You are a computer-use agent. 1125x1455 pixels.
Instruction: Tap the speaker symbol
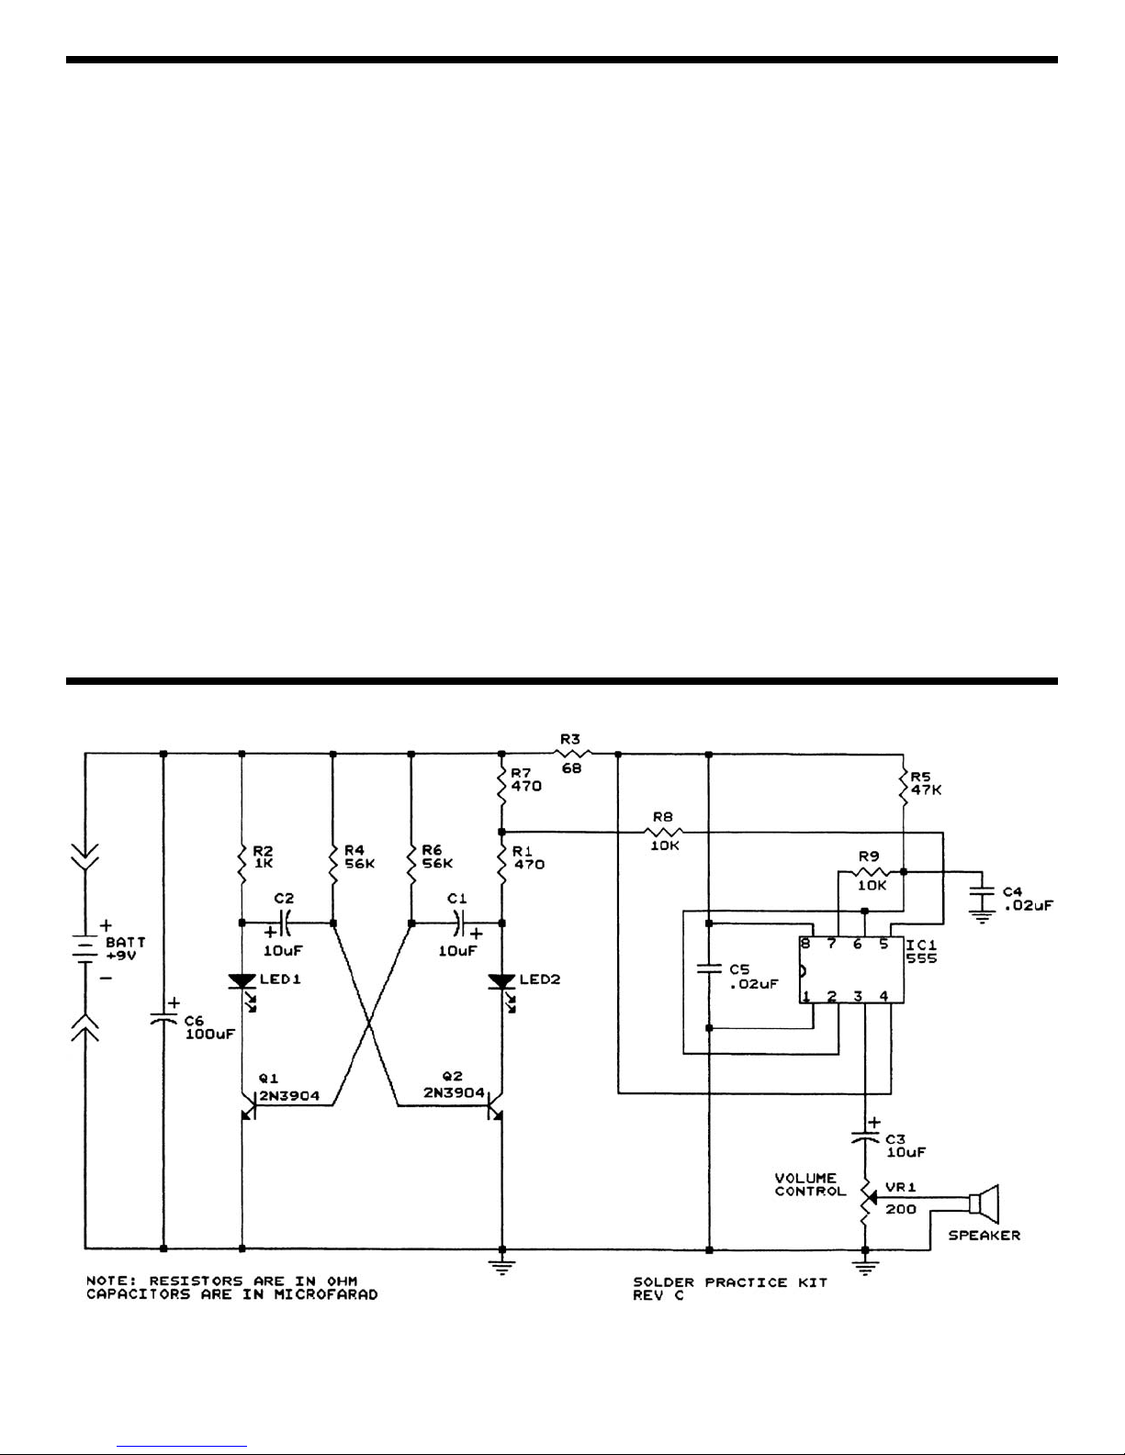coord(984,1203)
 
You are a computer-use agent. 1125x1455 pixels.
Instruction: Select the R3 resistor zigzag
coord(572,754)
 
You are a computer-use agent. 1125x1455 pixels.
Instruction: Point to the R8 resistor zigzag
coord(664,833)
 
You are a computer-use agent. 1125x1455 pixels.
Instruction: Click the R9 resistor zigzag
coord(871,872)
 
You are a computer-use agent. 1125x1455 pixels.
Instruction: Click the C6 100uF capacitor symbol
coord(163,1020)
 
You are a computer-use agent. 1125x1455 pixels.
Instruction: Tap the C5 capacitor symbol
coord(709,968)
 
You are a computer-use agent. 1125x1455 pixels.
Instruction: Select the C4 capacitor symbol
coord(983,894)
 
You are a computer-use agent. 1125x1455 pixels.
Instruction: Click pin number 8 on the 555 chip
coord(805,944)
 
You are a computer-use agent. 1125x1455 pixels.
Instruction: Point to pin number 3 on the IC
coord(858,996)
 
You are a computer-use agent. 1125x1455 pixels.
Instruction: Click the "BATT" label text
coord(125,942)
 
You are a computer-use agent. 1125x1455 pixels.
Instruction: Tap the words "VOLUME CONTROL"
coord(810,1184)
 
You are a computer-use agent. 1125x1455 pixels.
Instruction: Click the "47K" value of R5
coord(926,790)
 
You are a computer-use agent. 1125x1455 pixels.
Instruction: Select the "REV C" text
coord(658,1295)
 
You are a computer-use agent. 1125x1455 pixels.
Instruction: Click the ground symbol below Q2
coord(502,1267)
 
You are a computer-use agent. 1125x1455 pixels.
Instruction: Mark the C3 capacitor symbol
coord(865,1136)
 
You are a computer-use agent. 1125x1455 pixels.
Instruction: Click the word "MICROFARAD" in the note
coord(325,1294)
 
